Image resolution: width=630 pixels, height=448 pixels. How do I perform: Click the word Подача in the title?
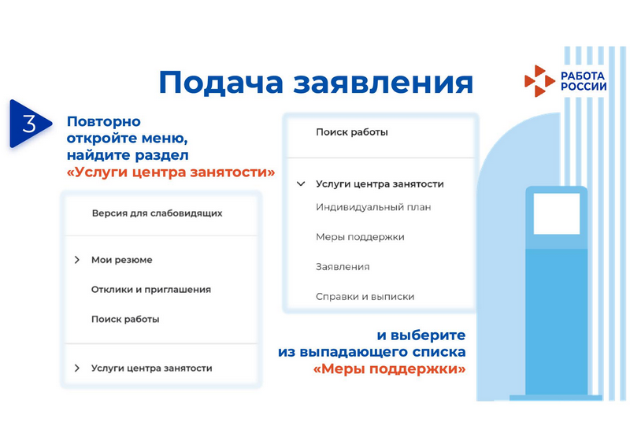pyautogui.click(x=221, y=83)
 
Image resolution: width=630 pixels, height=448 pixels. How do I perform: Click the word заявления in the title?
pyautogui.click(x=383, y=83)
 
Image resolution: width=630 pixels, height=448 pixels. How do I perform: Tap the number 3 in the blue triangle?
pyautogui.click(x=29, y=124)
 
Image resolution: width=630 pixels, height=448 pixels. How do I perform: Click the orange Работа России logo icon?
pyautogui.click(x=539, y=81)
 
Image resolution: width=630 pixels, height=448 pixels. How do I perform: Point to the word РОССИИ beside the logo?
pyautogui.click(x=584, y=87)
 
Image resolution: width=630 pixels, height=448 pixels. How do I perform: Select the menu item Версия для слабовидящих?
pyautogui.click(x=157, y=213)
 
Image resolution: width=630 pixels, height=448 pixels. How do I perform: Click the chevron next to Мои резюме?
pyautogui.click(x=76, y=260)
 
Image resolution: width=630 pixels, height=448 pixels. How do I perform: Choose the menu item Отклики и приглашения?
pyautogui.click(x=151, y=290)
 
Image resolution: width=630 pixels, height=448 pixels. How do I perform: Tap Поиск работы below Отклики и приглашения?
pyautogui.click(x=125, y=320)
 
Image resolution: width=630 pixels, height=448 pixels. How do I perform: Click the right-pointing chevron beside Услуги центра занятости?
pyautogui.click(x=76, y=368)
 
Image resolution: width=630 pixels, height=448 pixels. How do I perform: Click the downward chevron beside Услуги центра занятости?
pyautogui.click(x=301, y=184)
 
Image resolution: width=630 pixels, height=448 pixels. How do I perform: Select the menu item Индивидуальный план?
pyautogui.click(x=373, y=207)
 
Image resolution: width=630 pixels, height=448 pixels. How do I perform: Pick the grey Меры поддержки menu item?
pyautogui.click(x=360, y=237)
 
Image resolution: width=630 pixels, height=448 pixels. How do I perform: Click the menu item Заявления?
pyautogui.click(x=343, y=267)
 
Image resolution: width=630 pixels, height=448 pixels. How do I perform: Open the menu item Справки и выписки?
pyautogui.click(x=365, y=297)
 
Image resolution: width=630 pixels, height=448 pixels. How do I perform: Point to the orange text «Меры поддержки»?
pyautogui.click(x=389, y=368)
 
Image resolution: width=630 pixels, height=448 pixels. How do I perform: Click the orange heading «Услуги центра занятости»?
pyautogui.click(x=171, y=172)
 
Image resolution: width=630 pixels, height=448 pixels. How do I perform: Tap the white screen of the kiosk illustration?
pyautogui.click(x=557, y=213)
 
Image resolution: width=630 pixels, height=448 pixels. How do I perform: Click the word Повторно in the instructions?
pyautogui.click(x=104, y=121)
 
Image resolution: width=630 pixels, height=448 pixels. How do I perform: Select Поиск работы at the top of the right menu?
pyautogui.click(x=352, y=132)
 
